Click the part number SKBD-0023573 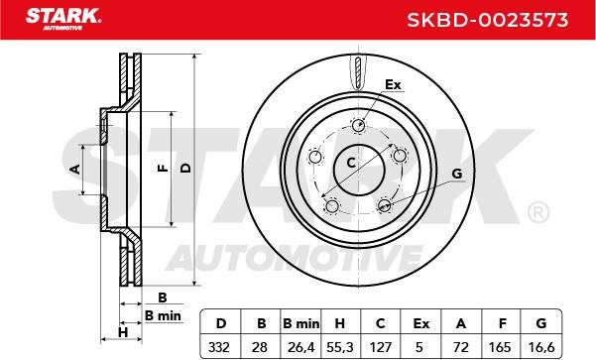(488, 20)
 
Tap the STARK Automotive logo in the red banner (63, 19)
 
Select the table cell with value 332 (219, 347)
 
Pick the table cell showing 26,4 (300, 347)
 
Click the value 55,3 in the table (340, 347)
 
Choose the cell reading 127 (381, 347)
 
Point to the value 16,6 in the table (541, 347)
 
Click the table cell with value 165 (500, 347)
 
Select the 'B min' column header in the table (301, 323)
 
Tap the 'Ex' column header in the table (421, 323)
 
